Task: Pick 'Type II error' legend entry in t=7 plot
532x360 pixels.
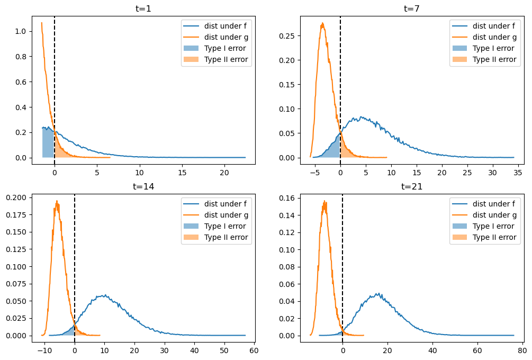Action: point(494,59)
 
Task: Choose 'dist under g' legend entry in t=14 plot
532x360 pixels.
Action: point(226,215)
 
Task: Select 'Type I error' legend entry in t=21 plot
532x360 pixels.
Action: point(492,226)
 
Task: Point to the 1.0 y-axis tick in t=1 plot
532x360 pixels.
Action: point(21,31)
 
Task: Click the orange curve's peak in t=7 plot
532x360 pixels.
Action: point(322,23)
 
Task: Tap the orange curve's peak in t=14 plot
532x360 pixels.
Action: point(57,201)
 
